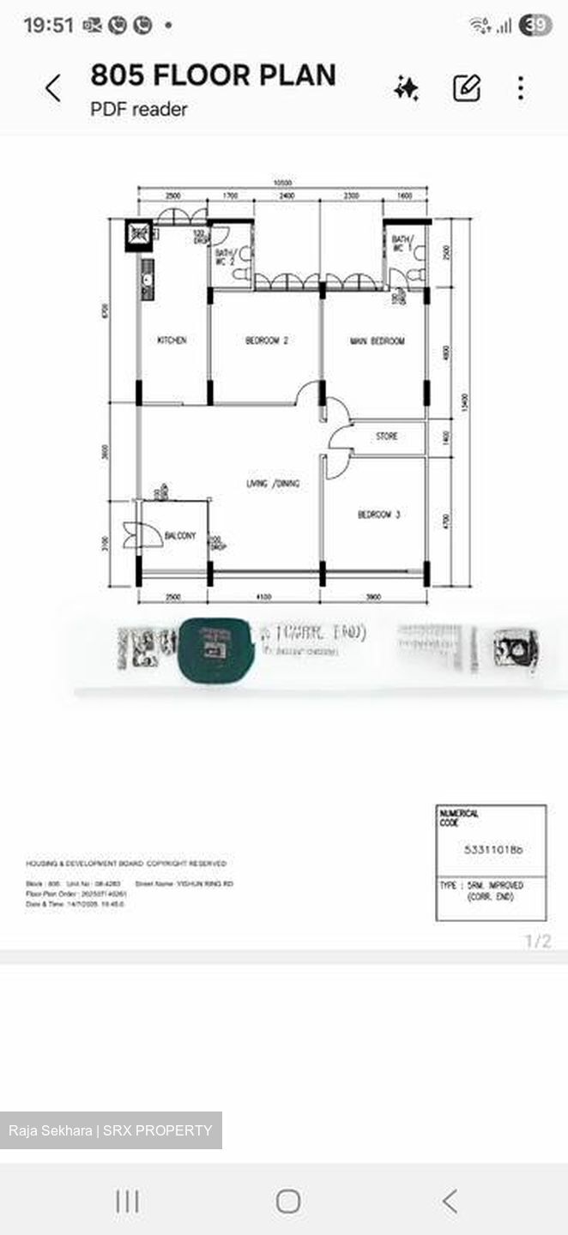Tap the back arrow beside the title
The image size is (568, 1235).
pos(53,88)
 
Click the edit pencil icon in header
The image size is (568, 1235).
pos(467,88)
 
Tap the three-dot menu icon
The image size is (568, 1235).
pos(521,88)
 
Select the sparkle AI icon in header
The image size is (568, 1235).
pos(407,88)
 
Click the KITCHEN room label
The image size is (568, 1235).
pos(172,340)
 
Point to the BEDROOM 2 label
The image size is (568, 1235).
pos(266,340)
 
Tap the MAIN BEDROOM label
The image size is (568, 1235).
pos(377,341)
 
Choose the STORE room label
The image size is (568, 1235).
pos(387,437)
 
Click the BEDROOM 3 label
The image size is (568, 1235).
pos(378,515)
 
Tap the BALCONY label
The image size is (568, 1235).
pos(179,536)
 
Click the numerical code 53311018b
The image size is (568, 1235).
pos(492,850)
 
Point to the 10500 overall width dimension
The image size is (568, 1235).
pos(283,183)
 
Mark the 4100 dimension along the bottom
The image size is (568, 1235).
pos(264,596)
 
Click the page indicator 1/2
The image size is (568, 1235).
pos(538,942)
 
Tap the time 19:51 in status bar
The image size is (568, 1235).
pos(48,26)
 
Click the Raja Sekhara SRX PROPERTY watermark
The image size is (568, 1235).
pos(111,1130)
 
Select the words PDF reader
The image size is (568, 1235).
pos(139,109)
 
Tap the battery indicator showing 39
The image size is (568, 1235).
pos(536,26)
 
